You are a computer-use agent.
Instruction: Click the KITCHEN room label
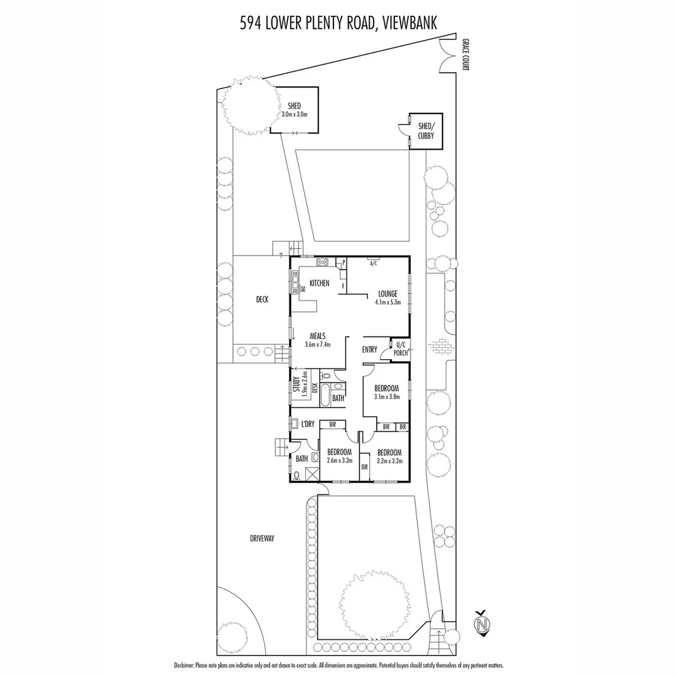coord(319,283)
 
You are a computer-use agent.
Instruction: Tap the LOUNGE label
coord(388,293)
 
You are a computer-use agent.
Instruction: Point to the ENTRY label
coord(370,349)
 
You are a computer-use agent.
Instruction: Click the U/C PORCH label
coord(401,349)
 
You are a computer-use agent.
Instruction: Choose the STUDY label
coord(296,384)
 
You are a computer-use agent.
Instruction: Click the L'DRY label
coord(307,424)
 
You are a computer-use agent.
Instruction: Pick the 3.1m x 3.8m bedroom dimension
coord(386,397)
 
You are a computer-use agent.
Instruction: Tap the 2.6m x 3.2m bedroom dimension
coord(339,461)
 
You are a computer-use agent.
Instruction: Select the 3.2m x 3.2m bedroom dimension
coord(389,461)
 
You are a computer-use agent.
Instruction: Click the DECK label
coord(262,300)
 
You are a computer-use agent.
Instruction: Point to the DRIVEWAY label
coord(262,538)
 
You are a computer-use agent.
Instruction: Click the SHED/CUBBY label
coord(426,130)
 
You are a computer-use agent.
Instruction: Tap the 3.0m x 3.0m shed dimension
coord(294,114)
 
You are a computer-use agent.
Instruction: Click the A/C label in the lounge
coord(374,263)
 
